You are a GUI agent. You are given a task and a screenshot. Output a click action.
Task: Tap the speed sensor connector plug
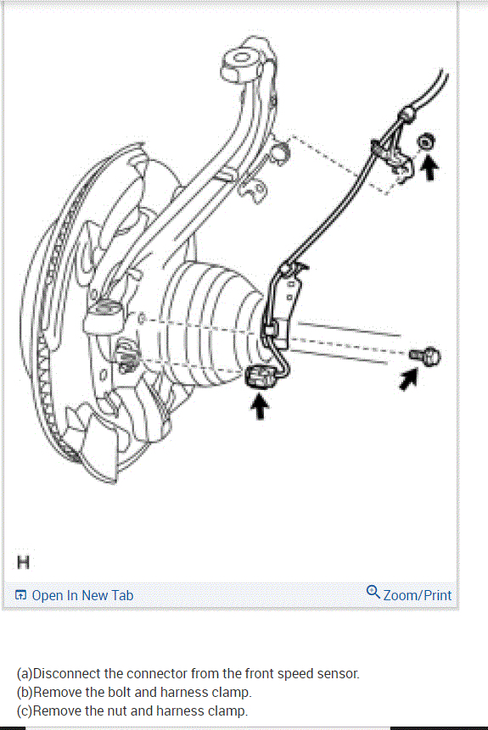pos(257,376)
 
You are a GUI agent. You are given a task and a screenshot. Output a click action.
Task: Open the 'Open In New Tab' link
pos(82,595)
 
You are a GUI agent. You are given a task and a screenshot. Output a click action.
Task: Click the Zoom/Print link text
pos(417,595)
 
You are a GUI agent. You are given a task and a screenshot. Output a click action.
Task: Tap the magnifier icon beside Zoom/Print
pos(373,592)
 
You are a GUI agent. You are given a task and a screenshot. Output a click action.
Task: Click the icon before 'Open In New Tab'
pos(21,595)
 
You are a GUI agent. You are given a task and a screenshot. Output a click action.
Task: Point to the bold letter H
pos(23,561)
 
